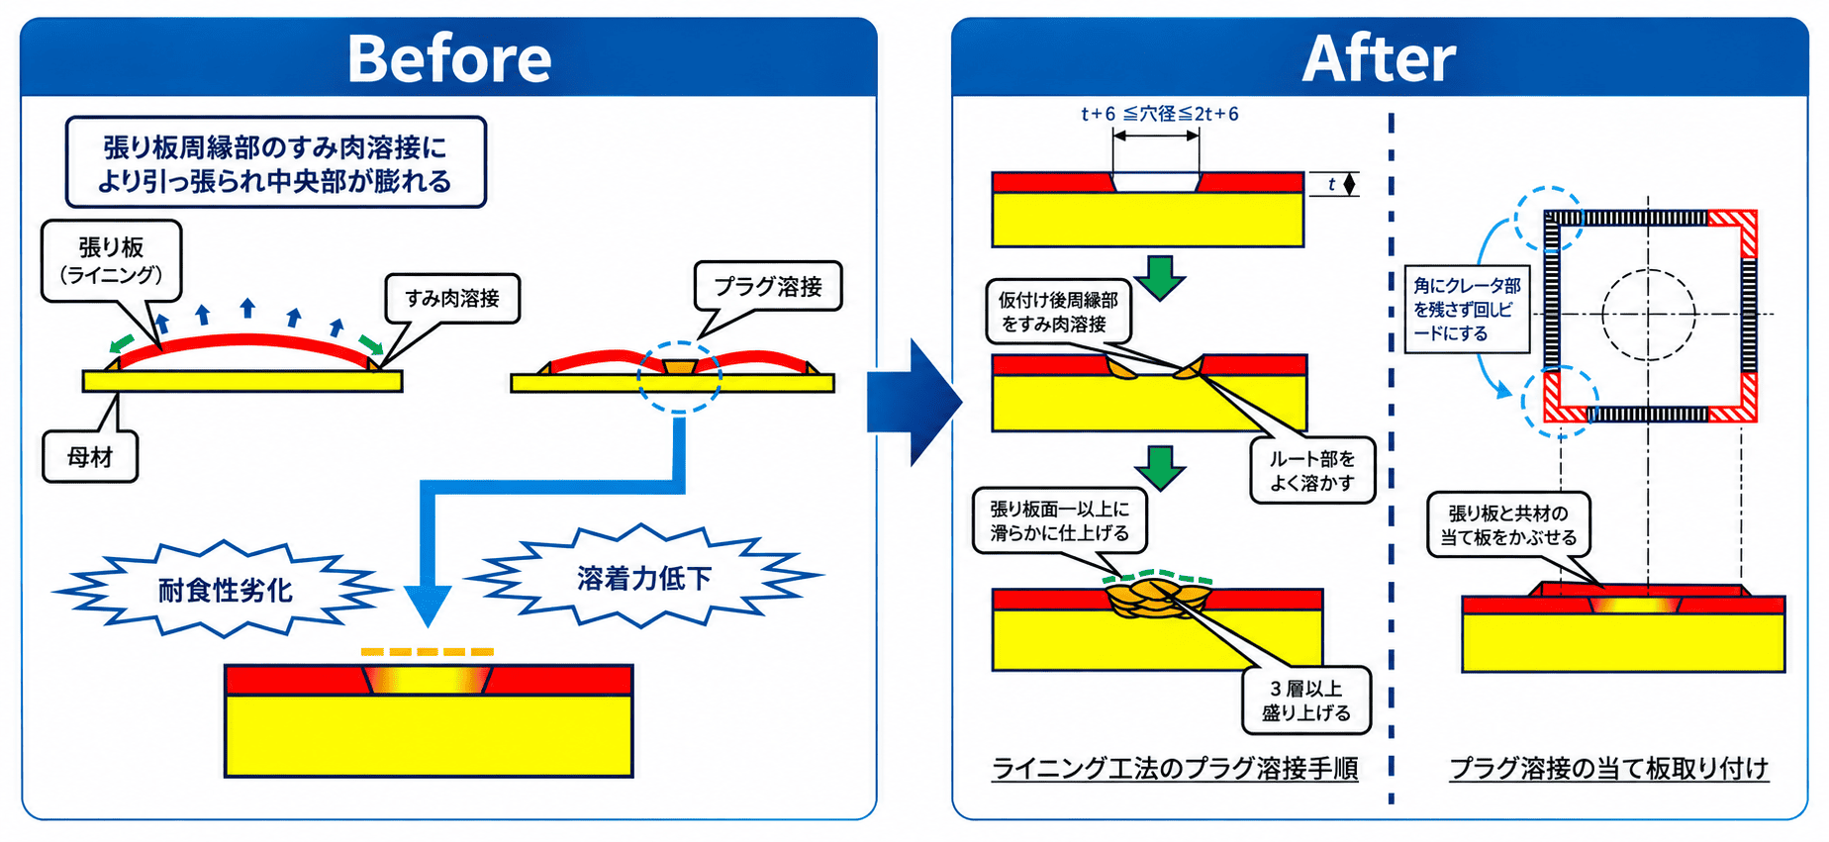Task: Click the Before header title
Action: tap(449, 59)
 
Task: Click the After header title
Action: tap(1379, 59)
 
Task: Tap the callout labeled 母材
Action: tap(90, 456)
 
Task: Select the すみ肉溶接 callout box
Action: tap(452, 298)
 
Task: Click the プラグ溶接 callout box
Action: tap(768, 287)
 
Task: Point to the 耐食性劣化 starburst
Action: tap(225, 590)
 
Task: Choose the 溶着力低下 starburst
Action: tap(644, 577)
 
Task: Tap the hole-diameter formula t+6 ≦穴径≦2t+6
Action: tap(1159, 114)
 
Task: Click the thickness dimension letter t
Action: tap(1331, 184)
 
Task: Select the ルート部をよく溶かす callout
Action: tap(1312, 471)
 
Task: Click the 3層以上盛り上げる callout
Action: tap(1306, 701)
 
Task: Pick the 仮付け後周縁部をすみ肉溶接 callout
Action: tap(1058, 312)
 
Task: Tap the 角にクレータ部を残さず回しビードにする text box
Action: tap(1467, 309)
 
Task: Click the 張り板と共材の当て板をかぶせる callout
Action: tap(1508, 525)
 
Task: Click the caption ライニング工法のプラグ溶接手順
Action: tap(1175, 769)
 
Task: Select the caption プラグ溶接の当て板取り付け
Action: tap(1608, 769)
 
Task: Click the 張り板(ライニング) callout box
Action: tap(111, 260)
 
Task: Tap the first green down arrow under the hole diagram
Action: tap(1160, 278)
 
